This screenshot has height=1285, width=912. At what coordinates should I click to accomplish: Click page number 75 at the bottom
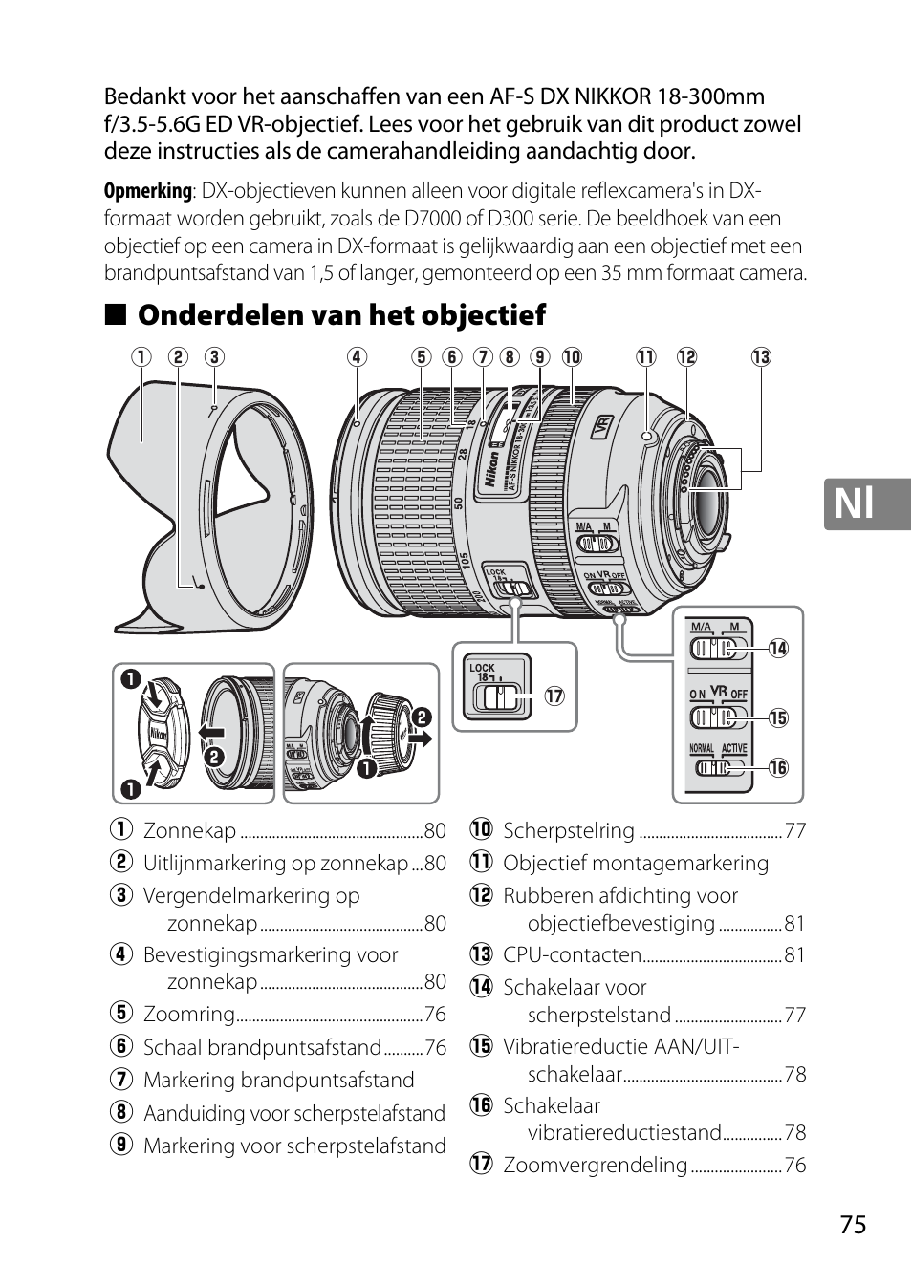point(854,1225)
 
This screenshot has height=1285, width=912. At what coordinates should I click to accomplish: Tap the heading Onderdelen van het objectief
point(341,314)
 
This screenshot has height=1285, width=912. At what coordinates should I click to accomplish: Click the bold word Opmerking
point(147,191)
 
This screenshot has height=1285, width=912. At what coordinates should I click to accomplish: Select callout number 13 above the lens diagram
point(761,357)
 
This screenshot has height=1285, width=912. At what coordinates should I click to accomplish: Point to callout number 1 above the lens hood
point(142,357)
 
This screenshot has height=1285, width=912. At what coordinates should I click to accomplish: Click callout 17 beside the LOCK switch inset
point(553,696)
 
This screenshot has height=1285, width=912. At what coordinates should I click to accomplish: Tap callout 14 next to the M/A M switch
point(778,649)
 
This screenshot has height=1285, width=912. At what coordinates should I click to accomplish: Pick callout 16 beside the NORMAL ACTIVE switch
point(778,767)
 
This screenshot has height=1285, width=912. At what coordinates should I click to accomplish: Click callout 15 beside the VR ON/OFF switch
point(778,718)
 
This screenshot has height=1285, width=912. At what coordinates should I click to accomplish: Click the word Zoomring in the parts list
point(189,1014)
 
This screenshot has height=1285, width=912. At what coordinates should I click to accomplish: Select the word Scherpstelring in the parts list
point(568,830)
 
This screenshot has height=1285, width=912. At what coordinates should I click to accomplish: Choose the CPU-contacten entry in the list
point(572,954)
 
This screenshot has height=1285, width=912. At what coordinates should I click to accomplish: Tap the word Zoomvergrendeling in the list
point(595,1165)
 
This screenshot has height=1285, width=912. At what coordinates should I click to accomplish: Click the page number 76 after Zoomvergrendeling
point(794,1166)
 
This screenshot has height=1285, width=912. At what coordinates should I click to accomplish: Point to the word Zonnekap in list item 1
point(189,830)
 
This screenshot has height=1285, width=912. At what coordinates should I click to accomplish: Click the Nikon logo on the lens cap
point(158,735)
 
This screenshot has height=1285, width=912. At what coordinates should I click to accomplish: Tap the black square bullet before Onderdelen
point(115,315)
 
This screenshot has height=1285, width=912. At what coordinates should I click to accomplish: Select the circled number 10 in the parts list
point(480,830)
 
